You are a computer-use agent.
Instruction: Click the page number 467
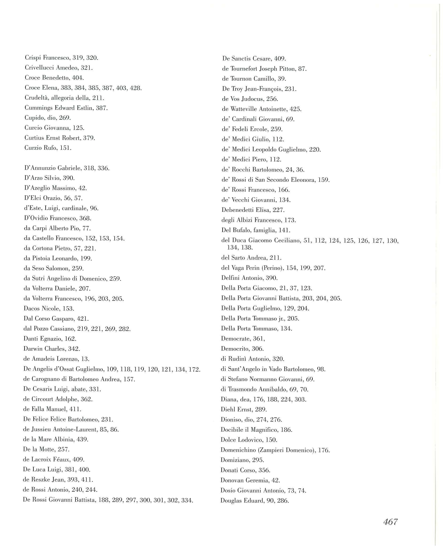(x=390, y=522)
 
